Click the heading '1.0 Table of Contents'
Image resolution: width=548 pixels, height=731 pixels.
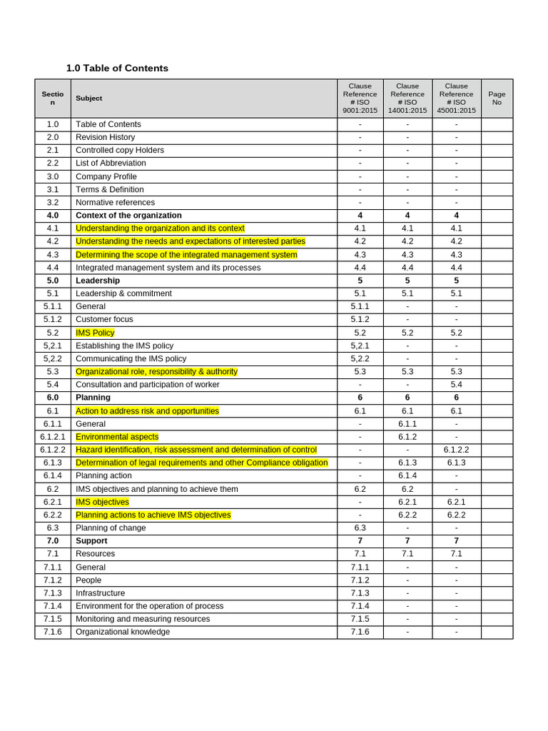[117, 69]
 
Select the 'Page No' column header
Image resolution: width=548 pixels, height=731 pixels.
[497, 98]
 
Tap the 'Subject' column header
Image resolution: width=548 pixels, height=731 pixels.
[89, 99]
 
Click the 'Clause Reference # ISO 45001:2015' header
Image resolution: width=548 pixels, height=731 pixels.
[456, 98]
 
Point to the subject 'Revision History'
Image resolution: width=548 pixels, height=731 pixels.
[105, 137]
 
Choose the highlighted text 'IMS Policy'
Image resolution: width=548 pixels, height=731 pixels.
[95, 333]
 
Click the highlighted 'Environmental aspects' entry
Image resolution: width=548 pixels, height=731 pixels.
[117, 437]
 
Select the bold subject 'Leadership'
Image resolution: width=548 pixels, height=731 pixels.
[98, 281]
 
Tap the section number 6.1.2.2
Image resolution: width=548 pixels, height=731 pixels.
[53, 450]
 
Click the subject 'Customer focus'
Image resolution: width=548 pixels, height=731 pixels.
[104, 319]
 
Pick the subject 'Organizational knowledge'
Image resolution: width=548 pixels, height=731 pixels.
[123, 632]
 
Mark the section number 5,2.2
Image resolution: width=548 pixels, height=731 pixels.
[53, 358]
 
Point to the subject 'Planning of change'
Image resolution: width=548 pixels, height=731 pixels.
[111, 528]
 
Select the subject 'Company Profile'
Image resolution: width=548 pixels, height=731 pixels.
[106, 176]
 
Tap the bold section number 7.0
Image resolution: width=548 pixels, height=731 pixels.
[53, 540]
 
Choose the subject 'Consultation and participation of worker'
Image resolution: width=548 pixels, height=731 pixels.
[148, 384]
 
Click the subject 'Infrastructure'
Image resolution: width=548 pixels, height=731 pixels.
[100, 593]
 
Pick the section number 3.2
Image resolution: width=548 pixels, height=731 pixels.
[53, 202]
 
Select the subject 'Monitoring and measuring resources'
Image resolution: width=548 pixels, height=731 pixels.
[143, 619]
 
